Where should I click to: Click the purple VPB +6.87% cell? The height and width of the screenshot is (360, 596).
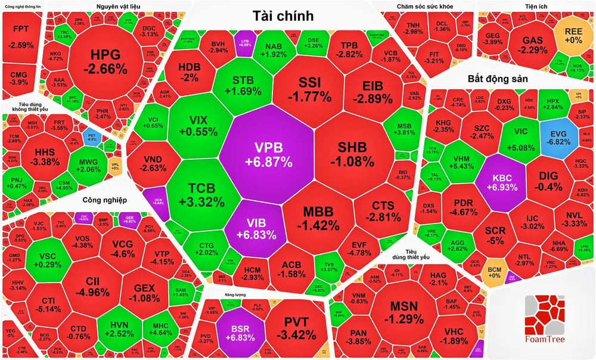(x=265, y=154)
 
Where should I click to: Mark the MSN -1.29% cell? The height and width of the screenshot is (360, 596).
(x=405, y=313)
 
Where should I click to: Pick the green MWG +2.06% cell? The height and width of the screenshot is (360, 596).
(x=88, y=165)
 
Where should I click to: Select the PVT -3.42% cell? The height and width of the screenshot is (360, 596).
(x=295, y=327)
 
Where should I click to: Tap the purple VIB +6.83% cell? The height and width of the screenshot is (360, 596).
(x=250, y=226)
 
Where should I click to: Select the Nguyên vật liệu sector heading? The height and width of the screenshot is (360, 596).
(x=117, y=7)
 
